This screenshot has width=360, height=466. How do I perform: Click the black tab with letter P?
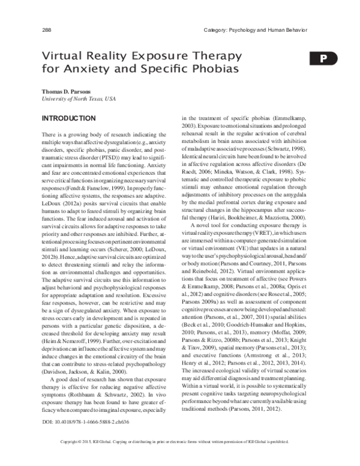coord(323,58)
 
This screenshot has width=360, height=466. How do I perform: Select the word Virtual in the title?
coord(62,55)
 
